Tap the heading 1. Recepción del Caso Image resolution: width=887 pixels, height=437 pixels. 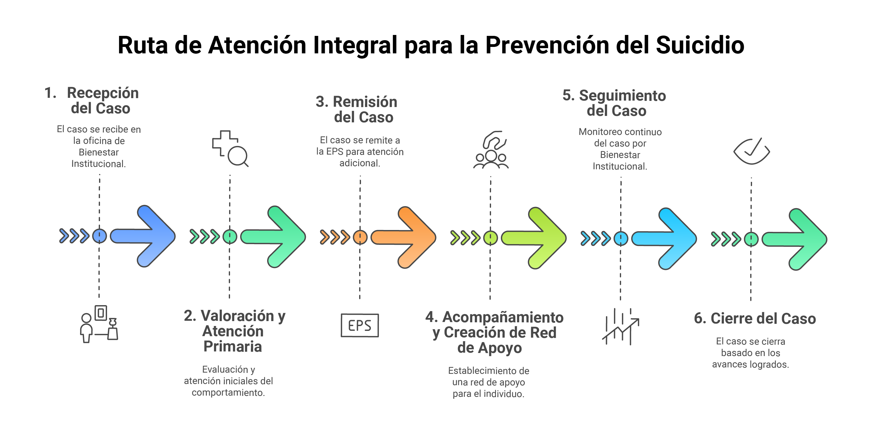click(x=92, y=100)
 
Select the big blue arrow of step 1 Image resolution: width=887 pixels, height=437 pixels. click(x=143, y=236)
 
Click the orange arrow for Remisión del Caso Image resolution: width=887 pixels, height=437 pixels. click(x=403, y=237)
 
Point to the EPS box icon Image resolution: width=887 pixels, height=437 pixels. click(x=359, y=325)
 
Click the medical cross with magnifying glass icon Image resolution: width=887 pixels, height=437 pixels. click(x=230, y=148)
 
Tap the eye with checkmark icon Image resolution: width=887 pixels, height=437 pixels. click(x=751, y=151)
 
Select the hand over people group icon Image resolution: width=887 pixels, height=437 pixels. click(x=491, y=149)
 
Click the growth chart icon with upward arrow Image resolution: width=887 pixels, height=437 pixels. click(x=620, y=327)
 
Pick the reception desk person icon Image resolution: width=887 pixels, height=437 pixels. click(x=99, y=324)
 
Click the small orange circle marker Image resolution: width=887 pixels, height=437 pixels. click(x=360, y=237)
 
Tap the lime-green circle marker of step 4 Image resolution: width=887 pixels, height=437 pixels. click(x=490, y=238)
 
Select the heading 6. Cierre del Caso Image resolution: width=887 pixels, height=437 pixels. click(x=755, y=318)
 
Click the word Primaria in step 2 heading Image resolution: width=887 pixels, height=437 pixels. click(x=232, y=347)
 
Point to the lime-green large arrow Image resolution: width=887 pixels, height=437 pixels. click(x=534, y=238)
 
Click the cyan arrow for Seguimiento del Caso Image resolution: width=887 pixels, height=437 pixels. click(x=664, y=239)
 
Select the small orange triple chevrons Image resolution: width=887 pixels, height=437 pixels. click(x=335, y=237)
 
